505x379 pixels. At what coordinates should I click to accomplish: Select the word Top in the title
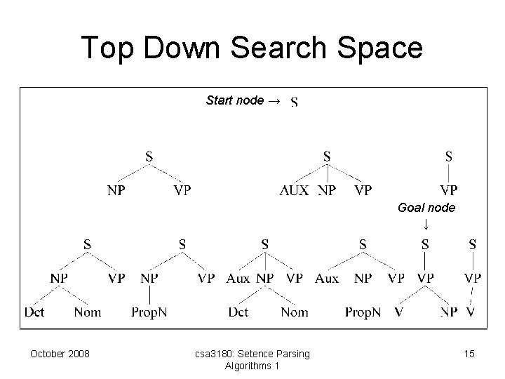(107, 48)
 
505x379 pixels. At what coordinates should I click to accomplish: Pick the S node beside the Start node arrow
(294, 103)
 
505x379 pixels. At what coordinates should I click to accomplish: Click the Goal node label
(426, 208)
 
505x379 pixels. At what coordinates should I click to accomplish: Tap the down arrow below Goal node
(426, 225)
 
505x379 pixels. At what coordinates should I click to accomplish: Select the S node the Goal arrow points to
(426, 244)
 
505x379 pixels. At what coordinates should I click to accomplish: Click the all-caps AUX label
(295, 190)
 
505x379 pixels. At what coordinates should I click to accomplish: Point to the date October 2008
(60, 354)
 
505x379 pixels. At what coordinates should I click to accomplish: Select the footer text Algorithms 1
(252, 366)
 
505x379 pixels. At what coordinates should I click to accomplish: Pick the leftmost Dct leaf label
(34, 312)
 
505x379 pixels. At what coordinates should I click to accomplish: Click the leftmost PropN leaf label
(149, 312)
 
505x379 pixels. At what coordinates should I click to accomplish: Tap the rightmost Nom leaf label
(295, 312)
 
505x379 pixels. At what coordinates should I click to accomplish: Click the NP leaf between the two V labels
(450, 312)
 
